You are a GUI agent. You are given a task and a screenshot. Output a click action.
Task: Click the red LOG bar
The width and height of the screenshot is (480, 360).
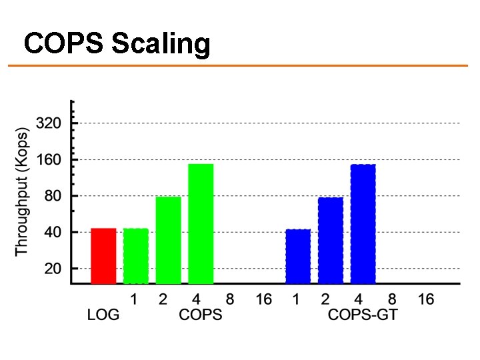(103, 256)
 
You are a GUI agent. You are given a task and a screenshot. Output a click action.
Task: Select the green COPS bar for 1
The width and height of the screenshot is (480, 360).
(136, 256)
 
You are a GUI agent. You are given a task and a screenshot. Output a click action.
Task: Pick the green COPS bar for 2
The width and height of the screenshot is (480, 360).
(168, 240)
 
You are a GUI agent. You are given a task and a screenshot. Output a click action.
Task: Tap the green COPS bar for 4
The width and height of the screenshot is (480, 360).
(201, 224)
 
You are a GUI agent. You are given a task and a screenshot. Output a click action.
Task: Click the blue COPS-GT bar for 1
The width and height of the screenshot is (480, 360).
(298, 257)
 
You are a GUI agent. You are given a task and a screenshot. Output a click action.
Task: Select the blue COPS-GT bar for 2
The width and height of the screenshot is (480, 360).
(331, 241)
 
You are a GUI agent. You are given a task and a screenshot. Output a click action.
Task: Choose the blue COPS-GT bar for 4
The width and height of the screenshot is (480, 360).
(363, 224)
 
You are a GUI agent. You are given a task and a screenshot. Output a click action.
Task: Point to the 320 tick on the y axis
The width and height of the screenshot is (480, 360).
(49, 123)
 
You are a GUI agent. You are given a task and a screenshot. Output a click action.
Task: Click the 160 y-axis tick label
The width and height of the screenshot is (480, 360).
(49, 160)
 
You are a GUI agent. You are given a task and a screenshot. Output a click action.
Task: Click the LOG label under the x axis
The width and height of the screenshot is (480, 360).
(103, 315)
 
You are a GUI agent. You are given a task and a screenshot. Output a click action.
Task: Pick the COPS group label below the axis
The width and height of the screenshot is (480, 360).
(201, 315)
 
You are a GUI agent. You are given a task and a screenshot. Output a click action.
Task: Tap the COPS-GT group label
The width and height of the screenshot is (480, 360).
(363, 315)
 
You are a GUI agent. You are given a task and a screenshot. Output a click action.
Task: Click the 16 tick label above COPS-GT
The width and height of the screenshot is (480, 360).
(426, 299)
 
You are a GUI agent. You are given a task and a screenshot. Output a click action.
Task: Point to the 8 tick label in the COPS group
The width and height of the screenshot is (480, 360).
(230, 299)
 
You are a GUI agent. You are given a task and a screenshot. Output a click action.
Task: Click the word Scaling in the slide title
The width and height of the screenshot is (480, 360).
(161, 45)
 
